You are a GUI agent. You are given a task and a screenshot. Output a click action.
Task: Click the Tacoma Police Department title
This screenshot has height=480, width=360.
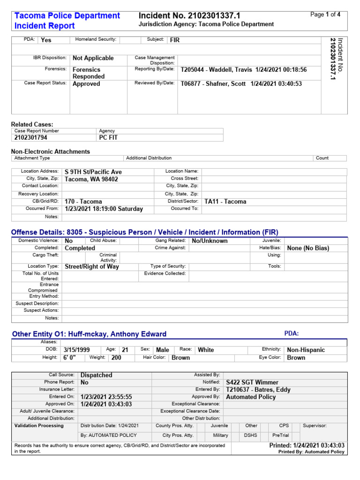click(67, 15)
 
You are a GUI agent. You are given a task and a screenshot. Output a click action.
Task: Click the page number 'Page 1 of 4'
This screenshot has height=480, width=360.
click(325, 15)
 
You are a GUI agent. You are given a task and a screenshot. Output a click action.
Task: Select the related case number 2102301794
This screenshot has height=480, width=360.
click(31, 138)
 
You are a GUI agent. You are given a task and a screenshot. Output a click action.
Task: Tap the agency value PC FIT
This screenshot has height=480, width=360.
click(109, 138)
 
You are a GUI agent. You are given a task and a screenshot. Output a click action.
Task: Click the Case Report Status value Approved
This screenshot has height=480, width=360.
click(86, 84)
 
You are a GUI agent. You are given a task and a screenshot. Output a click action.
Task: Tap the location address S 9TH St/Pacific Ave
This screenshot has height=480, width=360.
click(93, 172)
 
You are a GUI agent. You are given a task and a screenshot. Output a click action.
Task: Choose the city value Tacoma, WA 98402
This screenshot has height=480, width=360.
click(91, 179)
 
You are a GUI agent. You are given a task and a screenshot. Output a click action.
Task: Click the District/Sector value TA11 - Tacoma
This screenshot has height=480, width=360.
click(225, 202)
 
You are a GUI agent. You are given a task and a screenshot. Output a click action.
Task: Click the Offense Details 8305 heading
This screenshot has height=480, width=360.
click(144, 232)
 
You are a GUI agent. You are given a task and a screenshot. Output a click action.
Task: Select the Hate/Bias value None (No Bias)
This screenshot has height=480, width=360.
click(308, 248)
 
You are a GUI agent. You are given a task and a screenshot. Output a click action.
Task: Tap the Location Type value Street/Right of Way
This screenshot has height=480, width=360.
click(92, 266)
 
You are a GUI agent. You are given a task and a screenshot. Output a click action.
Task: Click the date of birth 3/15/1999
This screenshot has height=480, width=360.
click(76, 350)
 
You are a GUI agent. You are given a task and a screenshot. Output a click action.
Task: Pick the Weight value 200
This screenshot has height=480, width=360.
click(115, 358)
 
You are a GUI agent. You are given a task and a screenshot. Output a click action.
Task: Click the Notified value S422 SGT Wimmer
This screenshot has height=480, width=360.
click(252, 382)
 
